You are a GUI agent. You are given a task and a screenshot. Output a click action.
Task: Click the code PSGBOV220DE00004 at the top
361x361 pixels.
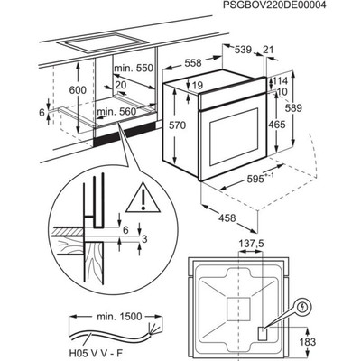click(x=274, y=5)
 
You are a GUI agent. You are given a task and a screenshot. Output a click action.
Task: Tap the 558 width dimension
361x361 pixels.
click(x=193, y=63)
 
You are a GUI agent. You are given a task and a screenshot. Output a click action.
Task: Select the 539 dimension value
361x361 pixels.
click(x=243, y=50)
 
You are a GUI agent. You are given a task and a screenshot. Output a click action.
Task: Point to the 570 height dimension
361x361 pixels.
click(x=178, y=125)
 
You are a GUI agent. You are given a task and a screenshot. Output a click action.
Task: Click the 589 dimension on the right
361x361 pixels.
click(x=293, y=107)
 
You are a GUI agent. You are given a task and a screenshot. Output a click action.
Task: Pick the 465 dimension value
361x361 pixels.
click(x=276, y=125)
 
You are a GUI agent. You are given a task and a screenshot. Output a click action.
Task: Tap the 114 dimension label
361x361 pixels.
click(x=280, y=80)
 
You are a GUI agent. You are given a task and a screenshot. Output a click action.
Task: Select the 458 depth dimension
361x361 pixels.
click(x=227, y=218)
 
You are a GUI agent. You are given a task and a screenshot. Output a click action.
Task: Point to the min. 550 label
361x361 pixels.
click(x=134, y=69)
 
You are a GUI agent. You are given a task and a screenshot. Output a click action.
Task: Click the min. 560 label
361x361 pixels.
click(x=116, y=112)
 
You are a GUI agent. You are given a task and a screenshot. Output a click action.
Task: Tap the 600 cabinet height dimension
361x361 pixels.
click(x=78, y=90)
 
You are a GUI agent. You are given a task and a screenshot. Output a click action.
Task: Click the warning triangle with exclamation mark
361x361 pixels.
click(x=143, y=197)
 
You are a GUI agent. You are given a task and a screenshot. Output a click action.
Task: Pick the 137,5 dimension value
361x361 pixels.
click(x=251, y=244)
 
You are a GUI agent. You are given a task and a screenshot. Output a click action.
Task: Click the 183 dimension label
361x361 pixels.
click(x=307, y=342)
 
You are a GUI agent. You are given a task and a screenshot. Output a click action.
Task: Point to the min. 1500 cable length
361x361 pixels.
click(x=119, y=317)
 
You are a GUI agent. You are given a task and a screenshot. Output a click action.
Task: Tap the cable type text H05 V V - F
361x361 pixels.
click(x=97, y=354)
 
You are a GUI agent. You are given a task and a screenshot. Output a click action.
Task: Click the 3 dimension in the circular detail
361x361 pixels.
click(x=144, y=239)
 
